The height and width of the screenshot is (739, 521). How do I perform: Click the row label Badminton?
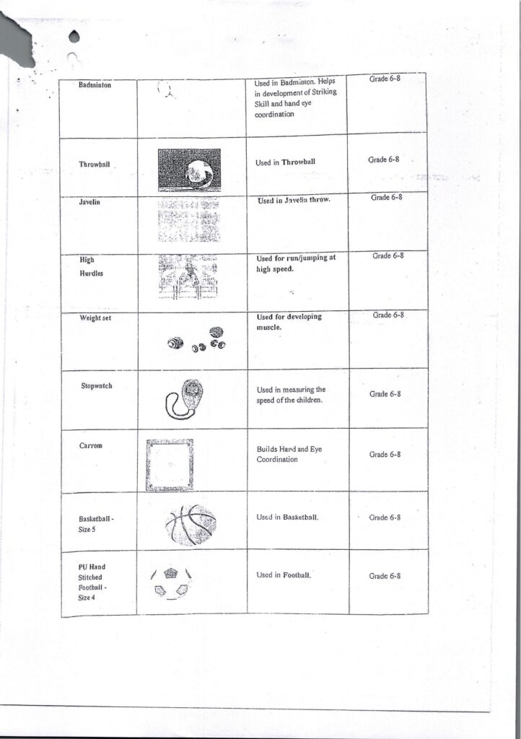tap(94, 85)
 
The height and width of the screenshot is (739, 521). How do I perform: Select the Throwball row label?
tap(95, 165)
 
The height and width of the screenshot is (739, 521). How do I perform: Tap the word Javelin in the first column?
tap(89, 203)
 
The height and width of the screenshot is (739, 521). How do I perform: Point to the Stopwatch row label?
tap(97, 386)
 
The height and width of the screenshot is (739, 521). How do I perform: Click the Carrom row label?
tap(91, 445)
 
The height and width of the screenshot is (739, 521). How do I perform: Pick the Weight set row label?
tap(95, 318)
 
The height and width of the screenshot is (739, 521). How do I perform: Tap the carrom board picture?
tap(170, 465)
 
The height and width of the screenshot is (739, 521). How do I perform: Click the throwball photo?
tap(189, 170)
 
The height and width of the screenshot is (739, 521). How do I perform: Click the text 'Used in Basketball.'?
tap(288, 518)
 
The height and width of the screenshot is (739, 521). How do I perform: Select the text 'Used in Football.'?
tap(284, 575)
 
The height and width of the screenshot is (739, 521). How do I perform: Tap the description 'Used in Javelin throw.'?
tap(294, 200)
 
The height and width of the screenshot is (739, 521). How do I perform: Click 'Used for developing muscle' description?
tap(289, 321)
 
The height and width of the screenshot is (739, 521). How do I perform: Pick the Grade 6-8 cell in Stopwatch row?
tap(385, 395)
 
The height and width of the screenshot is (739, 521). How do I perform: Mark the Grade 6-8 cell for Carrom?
tap(385, 455)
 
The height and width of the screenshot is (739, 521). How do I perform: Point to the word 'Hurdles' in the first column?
tap(92, 274)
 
